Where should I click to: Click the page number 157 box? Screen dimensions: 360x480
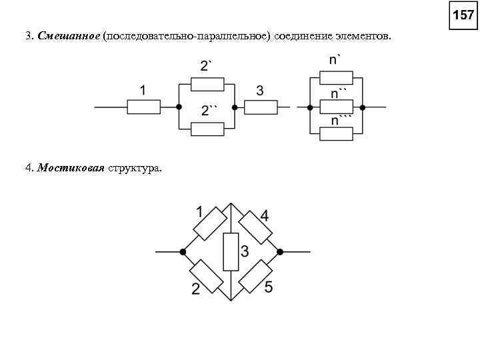(463, 15)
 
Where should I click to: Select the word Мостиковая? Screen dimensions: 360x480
(71, 168)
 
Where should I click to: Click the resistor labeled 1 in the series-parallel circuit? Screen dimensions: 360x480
(143, 106)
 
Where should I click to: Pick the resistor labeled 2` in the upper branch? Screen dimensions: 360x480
(207, 83)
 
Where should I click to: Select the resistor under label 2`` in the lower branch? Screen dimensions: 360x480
(207, 129)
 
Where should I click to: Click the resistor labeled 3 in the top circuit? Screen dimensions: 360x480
(261, 107)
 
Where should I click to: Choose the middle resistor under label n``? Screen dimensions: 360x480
(336, 106)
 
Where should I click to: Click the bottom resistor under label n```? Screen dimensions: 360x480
(336, 133)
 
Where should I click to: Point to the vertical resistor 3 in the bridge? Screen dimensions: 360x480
(231, 252)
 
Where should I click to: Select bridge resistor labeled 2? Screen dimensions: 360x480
(206, 276)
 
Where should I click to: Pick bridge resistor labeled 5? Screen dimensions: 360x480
(255, 277)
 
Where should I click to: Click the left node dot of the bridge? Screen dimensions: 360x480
(183, 252)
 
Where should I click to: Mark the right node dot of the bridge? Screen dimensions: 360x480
(280, 252)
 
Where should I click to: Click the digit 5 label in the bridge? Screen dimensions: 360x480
(268, 288)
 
